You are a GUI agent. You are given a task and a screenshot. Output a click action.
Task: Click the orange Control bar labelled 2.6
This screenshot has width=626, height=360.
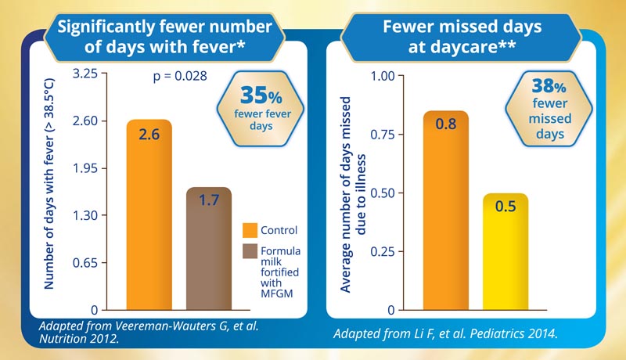coord(149,215)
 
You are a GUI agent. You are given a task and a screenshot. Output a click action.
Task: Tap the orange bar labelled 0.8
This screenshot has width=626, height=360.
coord(445,211)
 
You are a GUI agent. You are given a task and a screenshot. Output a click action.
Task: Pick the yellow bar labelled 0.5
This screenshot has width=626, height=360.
coord(505,252)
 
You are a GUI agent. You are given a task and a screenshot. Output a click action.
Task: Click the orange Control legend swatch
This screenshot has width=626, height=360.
coord(250,231)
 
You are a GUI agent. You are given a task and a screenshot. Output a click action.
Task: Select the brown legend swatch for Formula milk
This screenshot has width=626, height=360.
coord(250,252)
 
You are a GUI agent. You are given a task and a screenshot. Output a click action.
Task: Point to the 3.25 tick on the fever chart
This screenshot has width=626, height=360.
coord(90,74)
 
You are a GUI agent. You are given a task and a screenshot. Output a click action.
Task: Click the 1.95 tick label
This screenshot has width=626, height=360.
coord(90,168)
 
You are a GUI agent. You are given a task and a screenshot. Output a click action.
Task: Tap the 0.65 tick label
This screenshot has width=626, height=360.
coord(90,263)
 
